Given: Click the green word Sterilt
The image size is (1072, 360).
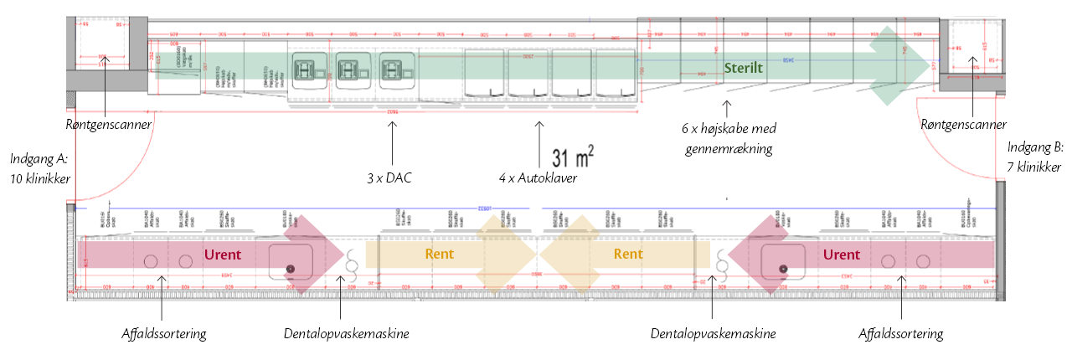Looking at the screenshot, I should pyautogui.click(x=744, y=68).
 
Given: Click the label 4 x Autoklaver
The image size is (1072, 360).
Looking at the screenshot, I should pyautogui.click(x=538, y=177).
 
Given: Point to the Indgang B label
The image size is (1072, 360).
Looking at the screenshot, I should pyautogui.click(x=1035, y=157).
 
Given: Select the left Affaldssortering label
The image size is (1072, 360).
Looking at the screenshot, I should pyautogui.click(x=164, y=333).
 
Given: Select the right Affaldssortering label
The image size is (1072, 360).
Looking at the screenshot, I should pyautogui.click(x=901, y=333).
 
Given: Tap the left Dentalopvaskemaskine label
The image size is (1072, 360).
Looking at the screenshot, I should pyautogui.click(x=346, y=333).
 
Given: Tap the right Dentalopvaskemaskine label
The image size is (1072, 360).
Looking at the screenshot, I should pyautogui.click(x=714, y=333).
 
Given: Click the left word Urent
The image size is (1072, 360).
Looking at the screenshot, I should pyautogui.click(x=223, y=255).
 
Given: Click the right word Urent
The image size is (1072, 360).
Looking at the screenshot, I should pyautogui.click(x=841, y=255).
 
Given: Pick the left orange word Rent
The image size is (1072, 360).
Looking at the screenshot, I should pyautogui.click(x=441, y=255).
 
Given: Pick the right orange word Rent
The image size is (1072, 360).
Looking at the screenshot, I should pyautogui.click(x=628, y=255).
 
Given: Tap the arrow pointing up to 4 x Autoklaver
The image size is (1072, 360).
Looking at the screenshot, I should pyautogui.click(x=538, y=142).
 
